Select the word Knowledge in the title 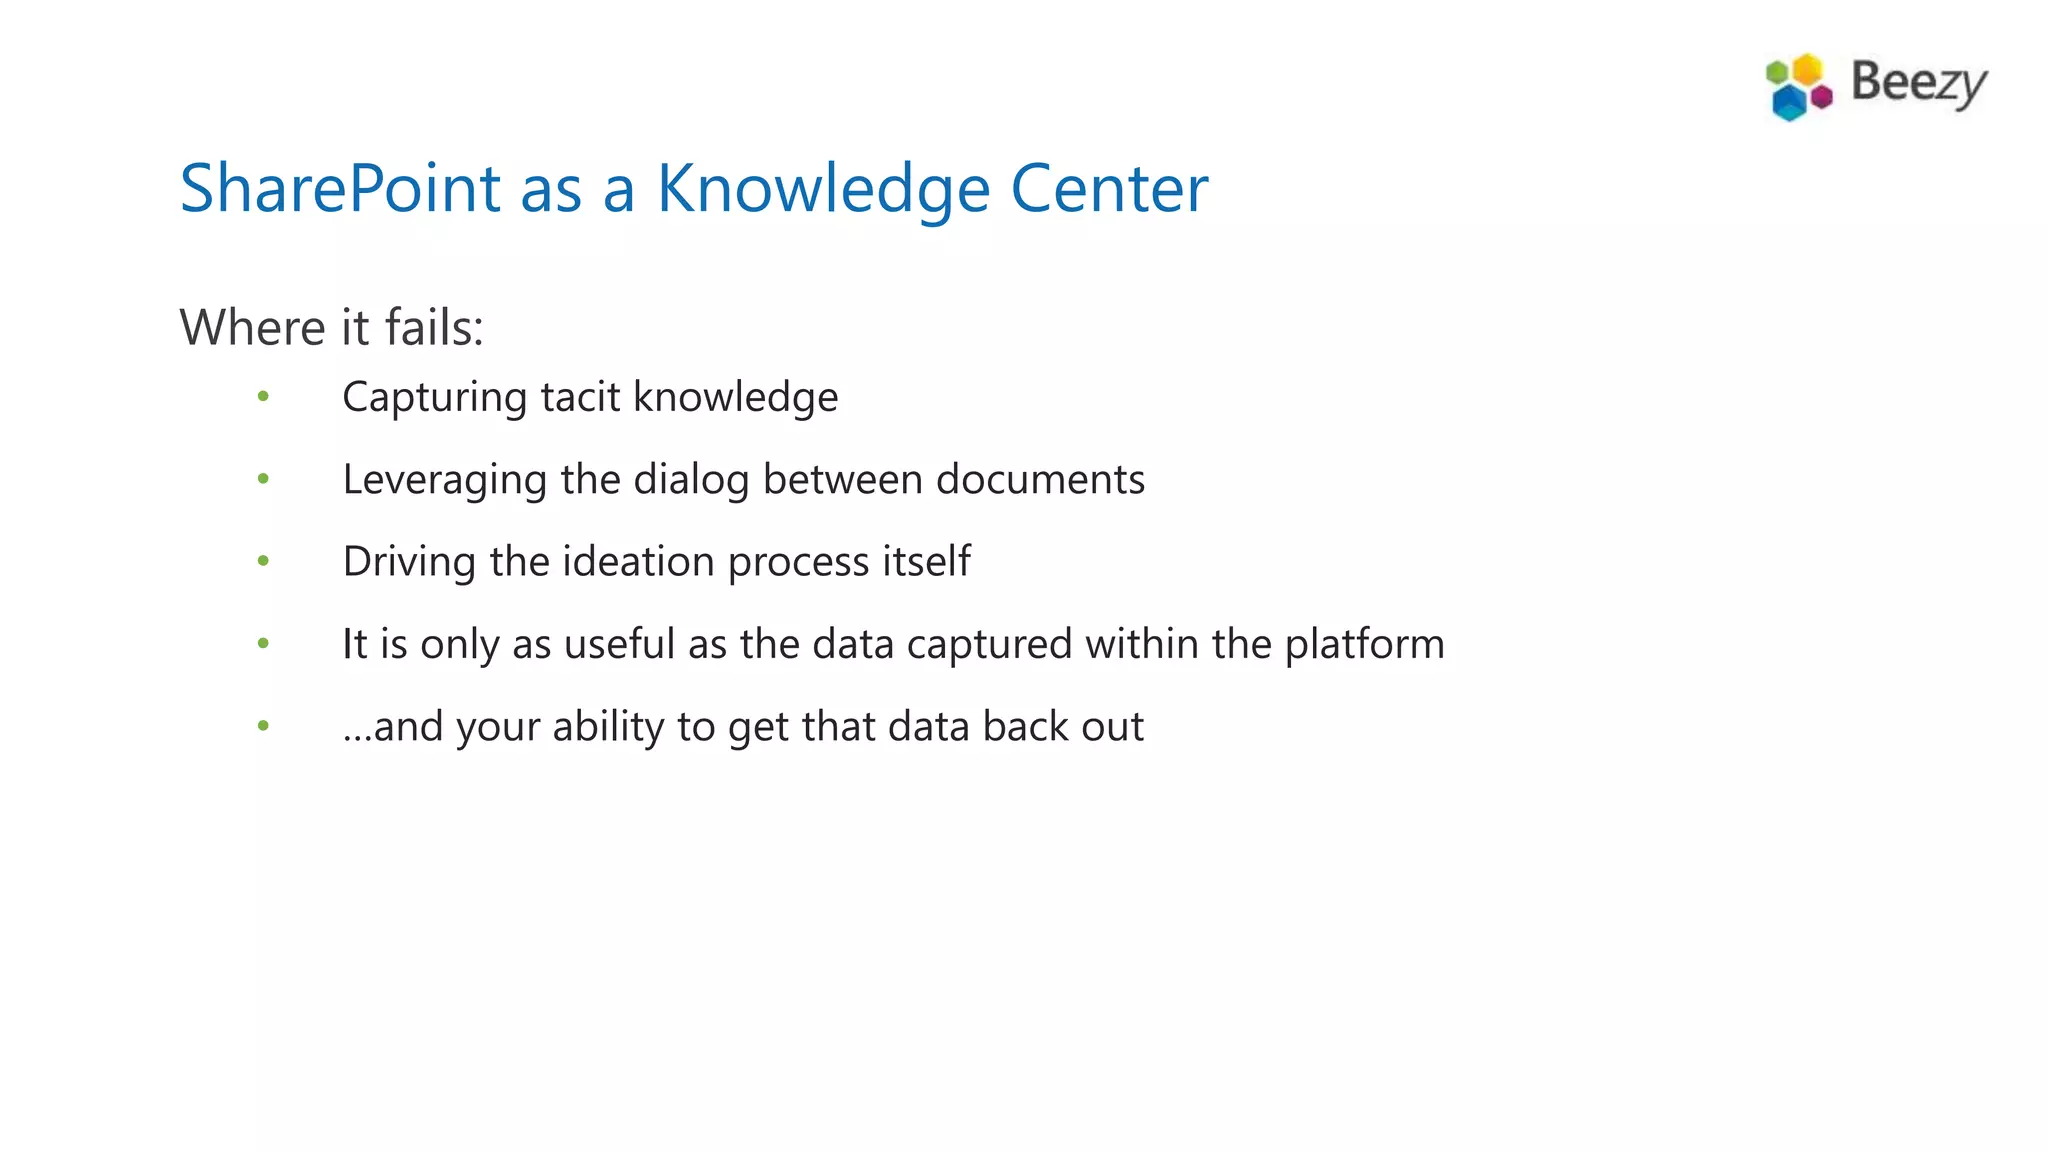(823, 190)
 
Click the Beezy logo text (1918, 83)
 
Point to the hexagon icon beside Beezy (1798, 87)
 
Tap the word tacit (580, 397)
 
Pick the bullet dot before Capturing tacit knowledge (263, 397)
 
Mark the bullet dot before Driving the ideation (263, 561)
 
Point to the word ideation (639, 561)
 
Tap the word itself (926, 561)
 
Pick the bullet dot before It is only (263, 643)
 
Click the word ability (608, 727)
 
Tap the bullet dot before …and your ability (263, 726)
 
